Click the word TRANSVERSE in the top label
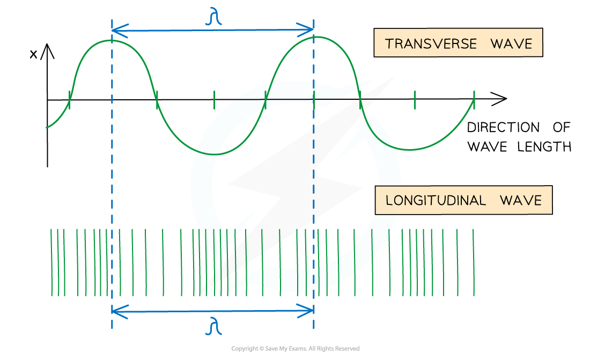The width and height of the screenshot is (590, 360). (431, 44)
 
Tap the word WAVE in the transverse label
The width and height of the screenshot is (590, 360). (511, 44)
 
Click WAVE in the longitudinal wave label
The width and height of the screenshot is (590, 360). (520, 201)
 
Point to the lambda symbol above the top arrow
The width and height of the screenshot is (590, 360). (213, 18)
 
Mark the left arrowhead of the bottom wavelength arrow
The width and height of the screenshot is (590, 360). (115, 310)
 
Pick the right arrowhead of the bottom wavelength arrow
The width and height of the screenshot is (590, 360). (310, 310)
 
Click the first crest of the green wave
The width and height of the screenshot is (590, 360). (112, 40)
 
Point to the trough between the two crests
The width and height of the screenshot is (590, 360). (213, 154)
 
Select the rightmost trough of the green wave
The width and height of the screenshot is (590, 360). (416, 149)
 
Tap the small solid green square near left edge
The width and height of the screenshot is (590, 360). (61, 251)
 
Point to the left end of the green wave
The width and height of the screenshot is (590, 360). (47, 127)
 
